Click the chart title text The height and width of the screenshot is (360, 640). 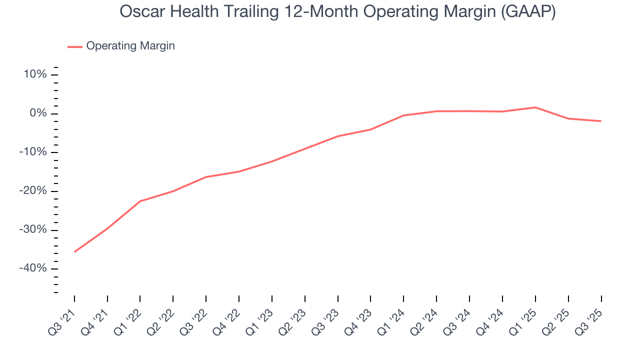[337, 12]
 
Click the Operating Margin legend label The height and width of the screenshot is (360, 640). [130, 46]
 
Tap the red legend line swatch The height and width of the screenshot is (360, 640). [75, 47]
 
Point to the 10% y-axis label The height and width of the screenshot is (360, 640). [34, 75]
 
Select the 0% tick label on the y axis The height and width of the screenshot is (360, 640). [38, 113]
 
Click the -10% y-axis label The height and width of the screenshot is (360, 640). [32, 152]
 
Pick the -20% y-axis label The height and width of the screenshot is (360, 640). [32, 191]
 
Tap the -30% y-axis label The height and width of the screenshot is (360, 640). [32, 230]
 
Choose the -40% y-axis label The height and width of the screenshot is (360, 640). [32, 268]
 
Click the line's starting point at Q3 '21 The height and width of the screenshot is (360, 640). [74, 251]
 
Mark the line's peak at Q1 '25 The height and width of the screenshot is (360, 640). [535, 107]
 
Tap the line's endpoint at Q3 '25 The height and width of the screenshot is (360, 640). [600, 121]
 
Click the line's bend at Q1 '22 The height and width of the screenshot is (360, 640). [140, 201]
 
